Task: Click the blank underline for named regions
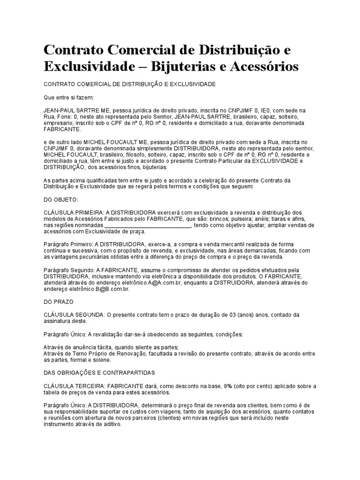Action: (x=147, y=225)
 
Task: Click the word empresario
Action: (x=60, y=123)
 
